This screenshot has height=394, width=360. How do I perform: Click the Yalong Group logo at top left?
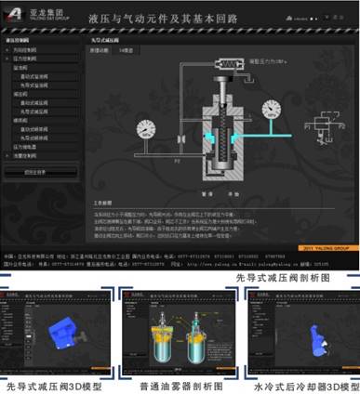33,15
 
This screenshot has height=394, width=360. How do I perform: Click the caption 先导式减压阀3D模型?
59,386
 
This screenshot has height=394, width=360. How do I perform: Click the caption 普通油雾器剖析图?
180,386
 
